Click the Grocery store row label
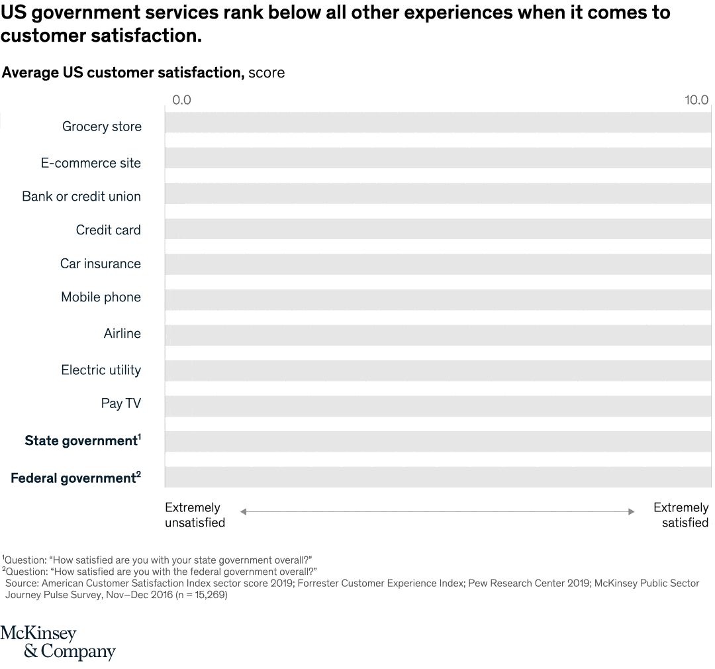point(102,127)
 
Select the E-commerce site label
point(91,163)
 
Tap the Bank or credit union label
point(81,197)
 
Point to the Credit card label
point(109,230)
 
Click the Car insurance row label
point(101,264)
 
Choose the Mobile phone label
point(101,297)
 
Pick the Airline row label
point(122,333)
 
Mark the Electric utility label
point(101,370)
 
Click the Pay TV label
point(121,403)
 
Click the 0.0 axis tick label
point(181,100)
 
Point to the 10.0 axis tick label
point(696,100)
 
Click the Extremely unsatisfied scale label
point(195,515)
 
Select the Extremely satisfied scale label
point(681,515)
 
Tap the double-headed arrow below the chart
point(437,511)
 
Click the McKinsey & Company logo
point(58,643)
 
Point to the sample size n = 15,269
point(199,595)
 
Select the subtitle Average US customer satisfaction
point(123,73)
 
